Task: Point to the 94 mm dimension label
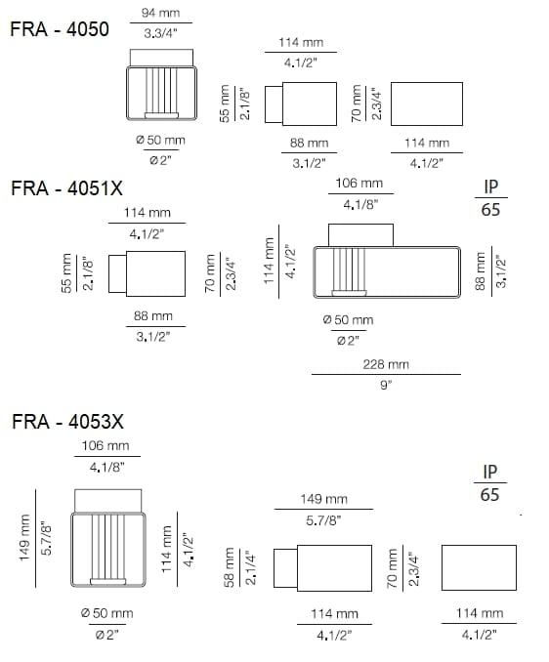159,13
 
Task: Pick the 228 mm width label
385,364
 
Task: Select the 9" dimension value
385,386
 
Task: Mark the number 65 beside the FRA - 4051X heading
490,210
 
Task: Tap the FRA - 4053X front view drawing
110,548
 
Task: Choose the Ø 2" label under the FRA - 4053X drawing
108,636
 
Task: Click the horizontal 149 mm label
323,500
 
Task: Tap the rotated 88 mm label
479,271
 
